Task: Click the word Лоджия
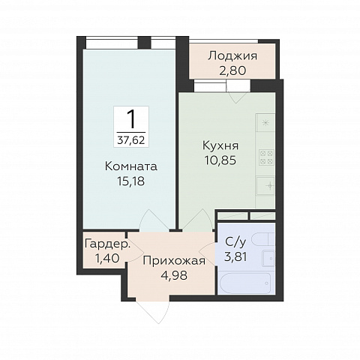pos(232,55)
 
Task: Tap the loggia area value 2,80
pos(232,70)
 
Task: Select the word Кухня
pos(220,145)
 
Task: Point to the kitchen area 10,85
pos(220,160)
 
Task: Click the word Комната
pos(131,166)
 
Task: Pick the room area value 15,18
pos(131,181)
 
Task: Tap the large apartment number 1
pos(131,119)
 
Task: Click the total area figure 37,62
pos(131,140)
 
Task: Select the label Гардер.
pos(108,244)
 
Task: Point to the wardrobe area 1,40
pos(107,258)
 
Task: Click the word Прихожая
pos(174,261)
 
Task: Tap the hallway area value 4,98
pos(174,275)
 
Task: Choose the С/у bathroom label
pos(235,242)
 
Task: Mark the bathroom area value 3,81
pos(235,256)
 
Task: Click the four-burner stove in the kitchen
pos(267,157)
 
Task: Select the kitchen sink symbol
pos(265,186)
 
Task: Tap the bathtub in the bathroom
pos(245,283)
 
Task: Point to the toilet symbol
pos(263,239)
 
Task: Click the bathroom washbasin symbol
pos(268,258)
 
